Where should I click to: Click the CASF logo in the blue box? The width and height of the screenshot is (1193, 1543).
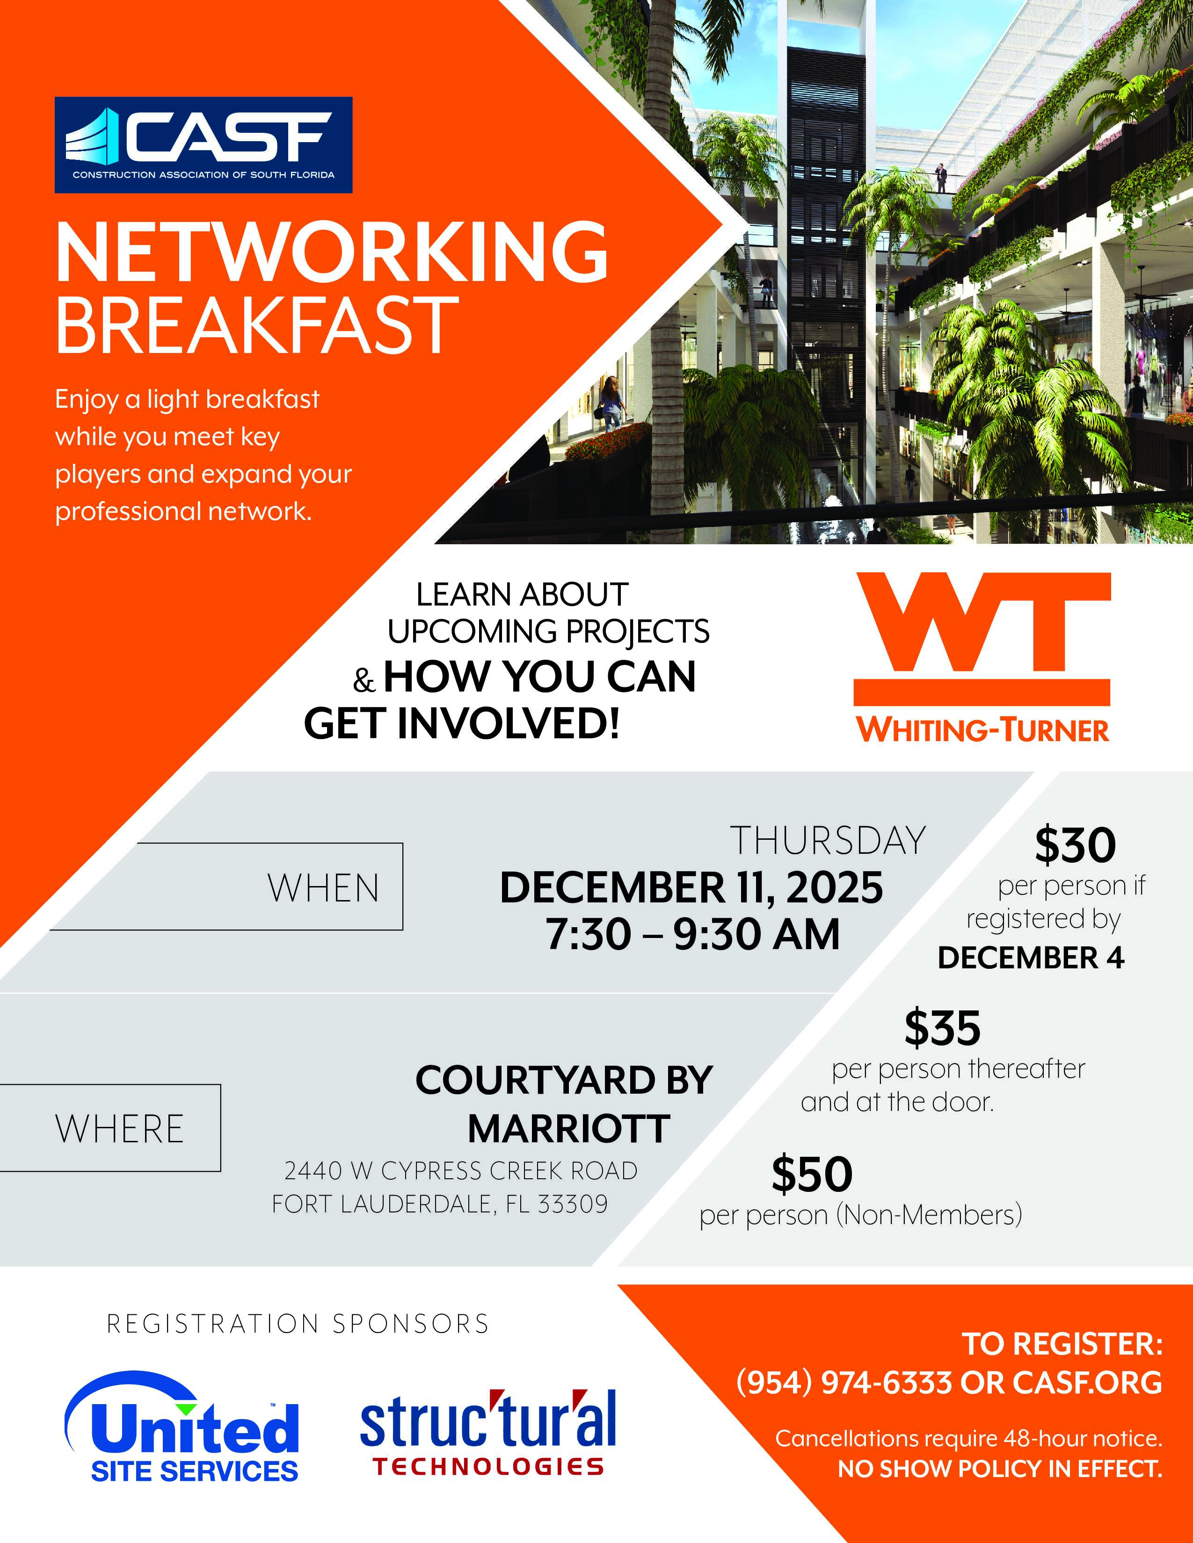pos(204,145)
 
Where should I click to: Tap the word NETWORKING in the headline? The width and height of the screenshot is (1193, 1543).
pos(332,252)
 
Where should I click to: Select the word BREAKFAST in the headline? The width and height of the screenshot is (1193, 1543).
pos(257,324)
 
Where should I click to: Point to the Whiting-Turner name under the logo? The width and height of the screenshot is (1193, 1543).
pos(983,730)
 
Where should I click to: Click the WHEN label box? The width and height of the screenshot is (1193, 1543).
pos(226,887)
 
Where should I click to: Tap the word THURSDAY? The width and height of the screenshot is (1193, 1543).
pos(828,840)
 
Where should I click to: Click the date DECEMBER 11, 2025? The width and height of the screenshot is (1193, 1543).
pos(691,887)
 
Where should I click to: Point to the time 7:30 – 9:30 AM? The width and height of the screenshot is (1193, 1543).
pos(692,934)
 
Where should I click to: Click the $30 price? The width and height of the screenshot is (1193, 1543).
pos(1075,845)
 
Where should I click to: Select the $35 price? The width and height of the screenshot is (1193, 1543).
pos(943,1028)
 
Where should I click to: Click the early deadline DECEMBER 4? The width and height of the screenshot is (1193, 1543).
pos(1031,958)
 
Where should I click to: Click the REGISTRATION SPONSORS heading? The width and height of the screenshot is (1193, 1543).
pos(298,1323)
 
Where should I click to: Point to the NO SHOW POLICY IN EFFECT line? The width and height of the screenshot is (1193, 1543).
pos(1000,1469)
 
